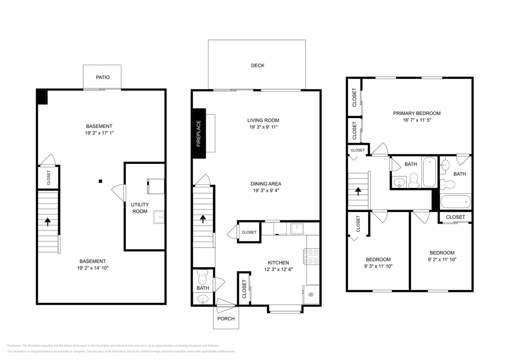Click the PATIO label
point(102,77)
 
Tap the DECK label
point(257,66)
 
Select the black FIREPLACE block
point(199,133)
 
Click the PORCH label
point(226,319)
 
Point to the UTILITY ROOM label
point(140,208)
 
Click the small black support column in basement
point(100,181)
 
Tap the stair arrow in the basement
point(48,221)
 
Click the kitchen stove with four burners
point(311,256)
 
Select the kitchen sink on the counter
point(297,228)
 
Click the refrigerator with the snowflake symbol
point(311,294)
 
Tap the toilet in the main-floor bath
point(202,276)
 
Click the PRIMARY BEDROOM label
point(417,113)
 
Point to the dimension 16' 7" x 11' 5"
point(417,120)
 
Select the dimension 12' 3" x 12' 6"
point(278,269)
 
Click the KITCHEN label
point(278,263)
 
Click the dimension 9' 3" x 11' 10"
point(378,266)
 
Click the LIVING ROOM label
point(263,120)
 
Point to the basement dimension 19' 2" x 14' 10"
point(92,268)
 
